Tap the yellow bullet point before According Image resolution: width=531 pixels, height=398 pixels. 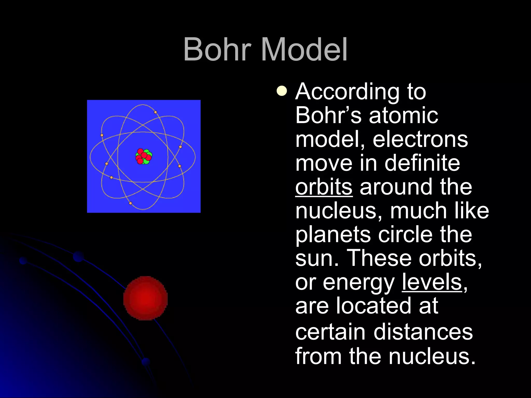(282, 91)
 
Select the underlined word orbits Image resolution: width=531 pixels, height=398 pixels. (324, 187)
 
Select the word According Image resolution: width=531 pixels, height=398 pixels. (347, 92)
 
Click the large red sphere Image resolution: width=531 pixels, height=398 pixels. (145, 298)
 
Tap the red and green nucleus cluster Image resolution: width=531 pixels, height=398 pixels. (144, 157)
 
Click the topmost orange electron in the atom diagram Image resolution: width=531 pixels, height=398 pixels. (155, 112)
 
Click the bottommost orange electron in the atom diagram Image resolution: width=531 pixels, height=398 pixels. (130, 203)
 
